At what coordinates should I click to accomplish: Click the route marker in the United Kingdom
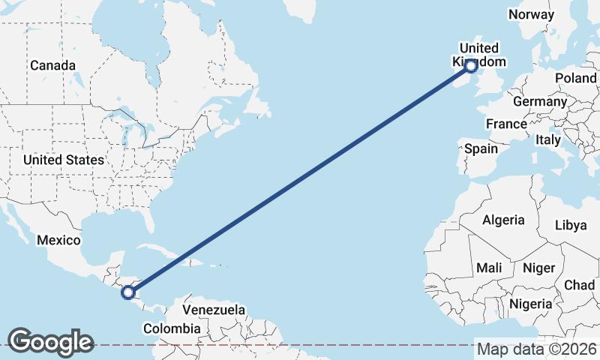click(471, 66)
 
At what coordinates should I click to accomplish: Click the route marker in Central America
click(128, 292)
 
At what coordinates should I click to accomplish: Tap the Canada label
click(52, 65)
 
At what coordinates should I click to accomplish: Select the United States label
click(63, 160)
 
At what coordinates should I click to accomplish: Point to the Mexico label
click(58, 240)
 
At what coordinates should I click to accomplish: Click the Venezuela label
click(214, 310)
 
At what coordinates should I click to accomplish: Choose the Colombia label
click(172, 328)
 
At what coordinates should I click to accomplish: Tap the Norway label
click(530, 14)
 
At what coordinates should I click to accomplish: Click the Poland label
click(575, 79)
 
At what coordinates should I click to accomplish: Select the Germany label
click(539, 101)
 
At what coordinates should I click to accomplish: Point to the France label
click(506, 124)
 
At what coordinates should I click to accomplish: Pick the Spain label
click(481, 148)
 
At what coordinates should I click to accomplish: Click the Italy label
click(548, 139)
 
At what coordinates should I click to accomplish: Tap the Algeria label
click(503, 220)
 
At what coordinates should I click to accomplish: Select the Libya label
click(571, 225)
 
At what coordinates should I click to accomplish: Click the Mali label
click(489, 268)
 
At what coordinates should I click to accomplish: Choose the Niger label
click(538, 268)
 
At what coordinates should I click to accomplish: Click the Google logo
click(50, 342)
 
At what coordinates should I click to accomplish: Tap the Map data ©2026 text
click(536, 349)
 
